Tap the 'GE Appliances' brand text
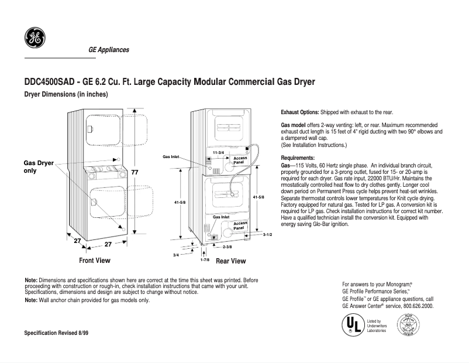(x=109, y=50)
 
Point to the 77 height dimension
(x=135, y=172)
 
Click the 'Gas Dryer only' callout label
(x=38, y=167)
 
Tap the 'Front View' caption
(x=95, y=260)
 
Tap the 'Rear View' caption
(x=231, y=261)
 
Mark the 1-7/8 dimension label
(x=205, y=259)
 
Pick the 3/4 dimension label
(x=176, y=255)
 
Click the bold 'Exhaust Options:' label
(x=300, y=112)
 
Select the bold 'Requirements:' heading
(x=298, y=158)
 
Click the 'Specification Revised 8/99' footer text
(x=56, y=333)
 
